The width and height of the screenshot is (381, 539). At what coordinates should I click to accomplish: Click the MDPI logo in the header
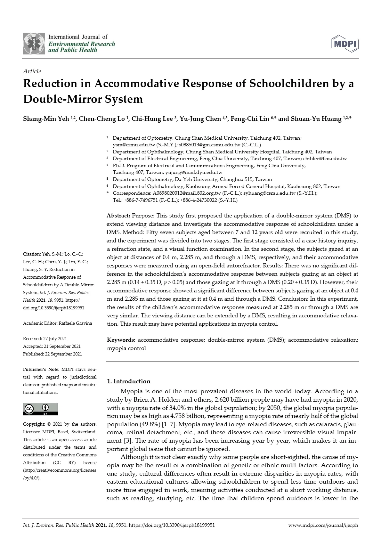(345, 44)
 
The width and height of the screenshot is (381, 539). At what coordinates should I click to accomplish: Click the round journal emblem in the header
(34, 43)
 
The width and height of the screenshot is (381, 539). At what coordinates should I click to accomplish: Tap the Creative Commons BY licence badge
(40, 409)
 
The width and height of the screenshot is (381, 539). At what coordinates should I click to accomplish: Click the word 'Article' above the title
(32, 71)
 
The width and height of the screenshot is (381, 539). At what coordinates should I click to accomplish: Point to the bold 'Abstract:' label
(118, 216)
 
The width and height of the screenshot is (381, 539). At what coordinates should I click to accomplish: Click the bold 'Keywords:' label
(121, 340)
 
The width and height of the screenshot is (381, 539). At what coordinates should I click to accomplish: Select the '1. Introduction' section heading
(128, 381)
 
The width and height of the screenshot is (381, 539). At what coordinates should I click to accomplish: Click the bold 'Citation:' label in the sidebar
(32, 254)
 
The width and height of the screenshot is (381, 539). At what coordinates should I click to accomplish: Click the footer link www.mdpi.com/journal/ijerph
(323, 525)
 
